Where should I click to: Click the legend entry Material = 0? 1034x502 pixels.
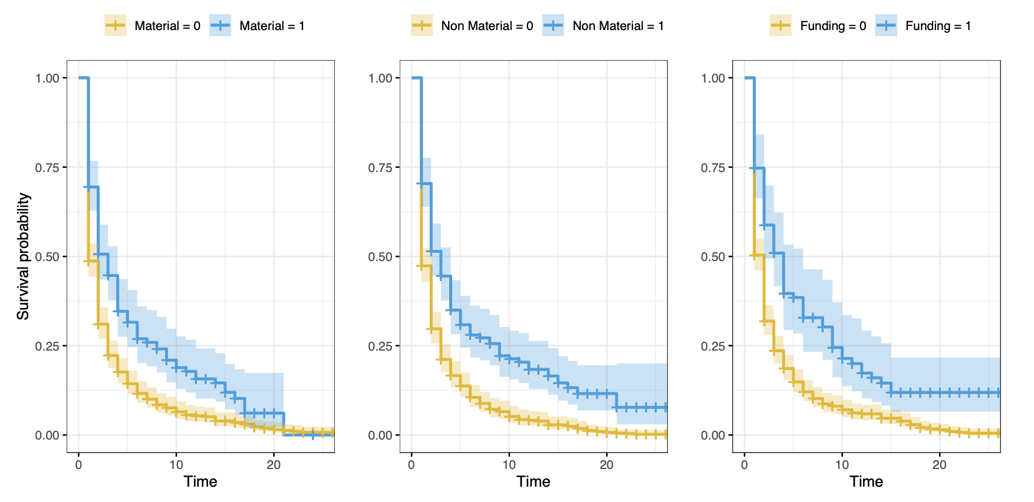tap(153, 26)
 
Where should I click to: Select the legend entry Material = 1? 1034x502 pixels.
tap(258, 26)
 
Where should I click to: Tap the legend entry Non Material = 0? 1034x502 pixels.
tap(472, 26)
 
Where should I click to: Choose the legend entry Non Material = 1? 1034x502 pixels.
tap(604, 26)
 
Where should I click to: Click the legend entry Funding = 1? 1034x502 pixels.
tap(924, 26)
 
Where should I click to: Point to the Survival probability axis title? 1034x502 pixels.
tap(23, 256)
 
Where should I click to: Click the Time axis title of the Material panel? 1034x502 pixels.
tap(200, 481)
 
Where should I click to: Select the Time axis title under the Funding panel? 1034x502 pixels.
tap(866, 481)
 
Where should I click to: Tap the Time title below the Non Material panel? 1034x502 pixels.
tap(534, 481)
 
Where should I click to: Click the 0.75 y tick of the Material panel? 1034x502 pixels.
tap(47, 167)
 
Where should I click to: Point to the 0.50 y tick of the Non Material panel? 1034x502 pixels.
tap(380, 257)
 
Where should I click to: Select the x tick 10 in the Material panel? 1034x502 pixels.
tap(176, 464)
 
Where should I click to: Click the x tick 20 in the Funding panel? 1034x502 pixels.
tap(939, 464)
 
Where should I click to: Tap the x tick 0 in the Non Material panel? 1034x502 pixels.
tap(411, 464)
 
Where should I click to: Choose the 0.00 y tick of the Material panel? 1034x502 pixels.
tap(47, 435)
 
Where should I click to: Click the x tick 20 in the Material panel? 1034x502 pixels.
tap(274, 464)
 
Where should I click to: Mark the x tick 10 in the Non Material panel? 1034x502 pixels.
tap(509, 464)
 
